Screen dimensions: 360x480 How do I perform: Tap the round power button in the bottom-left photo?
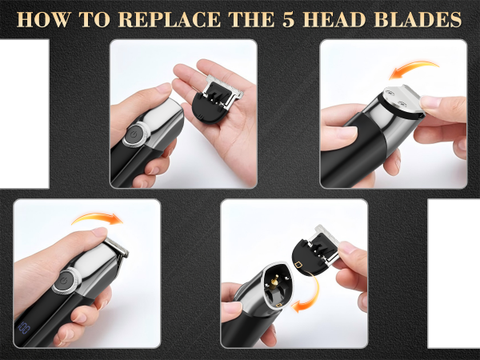[x=64, y=282]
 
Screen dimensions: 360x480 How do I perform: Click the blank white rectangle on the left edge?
[x=24, y=112]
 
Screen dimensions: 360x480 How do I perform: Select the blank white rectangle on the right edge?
[x=454, y=272]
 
